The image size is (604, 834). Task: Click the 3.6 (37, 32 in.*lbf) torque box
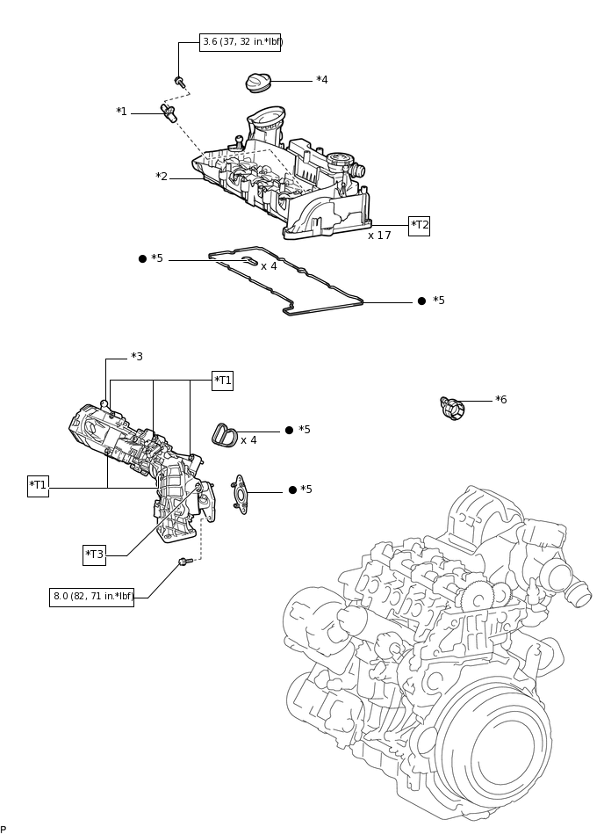[240, 42]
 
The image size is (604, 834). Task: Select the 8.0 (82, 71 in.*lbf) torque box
[92, 597]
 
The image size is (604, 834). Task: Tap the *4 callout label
[322, 80]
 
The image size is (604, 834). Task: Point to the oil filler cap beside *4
[258, 83]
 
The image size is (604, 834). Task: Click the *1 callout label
[121, 112]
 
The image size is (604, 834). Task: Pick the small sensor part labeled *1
[168, 112]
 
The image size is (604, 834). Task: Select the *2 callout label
[162, 177]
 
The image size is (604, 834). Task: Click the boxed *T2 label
[420, 225]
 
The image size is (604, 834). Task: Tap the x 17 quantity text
[379, 236]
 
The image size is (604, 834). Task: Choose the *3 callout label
[137, 357]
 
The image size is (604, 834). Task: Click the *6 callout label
[501, 400]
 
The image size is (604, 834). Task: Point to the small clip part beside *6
[451, 407]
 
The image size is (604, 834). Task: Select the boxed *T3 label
[94, 555]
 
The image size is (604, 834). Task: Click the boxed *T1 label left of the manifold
[38, 485]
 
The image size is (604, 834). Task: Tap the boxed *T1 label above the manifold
[223, 381]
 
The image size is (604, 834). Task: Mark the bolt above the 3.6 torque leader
[180, 82]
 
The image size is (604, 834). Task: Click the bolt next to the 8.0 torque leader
[185, 561]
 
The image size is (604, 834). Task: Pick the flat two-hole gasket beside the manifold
[240, 494]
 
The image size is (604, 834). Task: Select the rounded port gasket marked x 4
[225, 434]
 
